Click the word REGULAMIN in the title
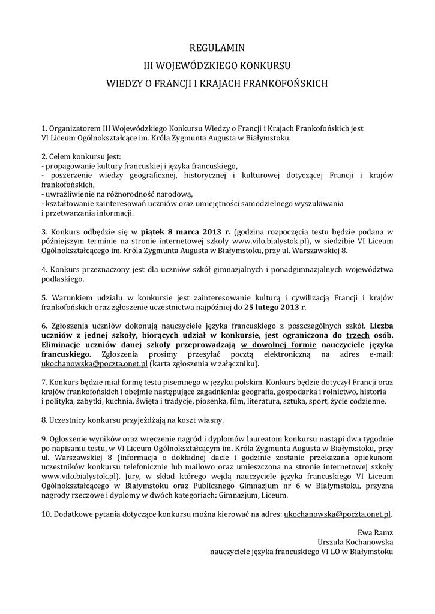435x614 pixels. [x=217, y=47]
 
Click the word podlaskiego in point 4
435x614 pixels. [x=63, y=279]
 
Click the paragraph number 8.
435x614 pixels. [x=44, y=420]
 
